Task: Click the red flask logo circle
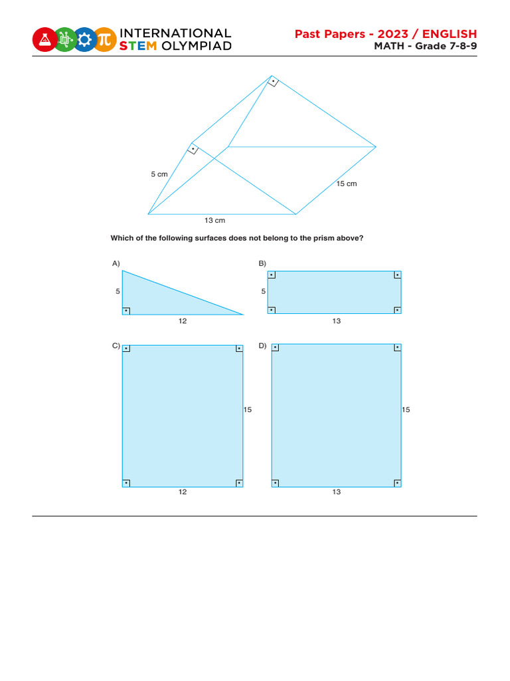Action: point(44,39)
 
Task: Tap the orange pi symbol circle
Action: point(104,39)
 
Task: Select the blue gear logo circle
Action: point(84,39)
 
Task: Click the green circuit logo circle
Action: point(64,39)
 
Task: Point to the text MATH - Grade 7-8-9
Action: point(425,46)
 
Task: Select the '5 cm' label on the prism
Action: point(159,174)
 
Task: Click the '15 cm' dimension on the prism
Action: point(346,184)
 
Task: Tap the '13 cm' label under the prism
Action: point(215,220)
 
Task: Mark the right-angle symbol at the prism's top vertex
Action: point(272,82)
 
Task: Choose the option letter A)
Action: point(116,264)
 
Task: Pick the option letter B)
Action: point(262,264)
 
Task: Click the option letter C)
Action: point(116,345)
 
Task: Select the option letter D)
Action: point(262,345)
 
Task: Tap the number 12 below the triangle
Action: point(183,321)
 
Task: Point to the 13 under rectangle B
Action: point(337,321)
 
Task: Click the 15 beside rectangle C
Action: point(248,410)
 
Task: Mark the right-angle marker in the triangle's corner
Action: point(126,311)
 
